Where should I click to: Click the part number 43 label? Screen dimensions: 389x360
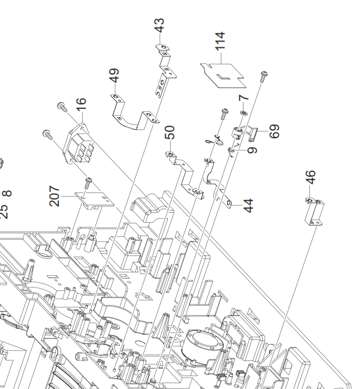tap(159, 26)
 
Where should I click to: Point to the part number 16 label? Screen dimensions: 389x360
tap(81, 105)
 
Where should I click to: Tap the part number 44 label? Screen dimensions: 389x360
tap(249, 205)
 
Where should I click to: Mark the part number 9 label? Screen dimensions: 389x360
tap(252, 150)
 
